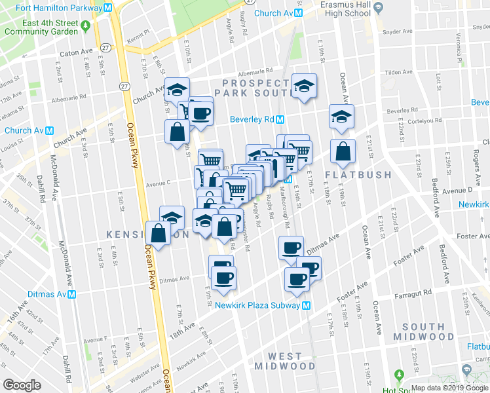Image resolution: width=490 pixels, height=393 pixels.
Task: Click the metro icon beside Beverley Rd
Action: click(280, 119)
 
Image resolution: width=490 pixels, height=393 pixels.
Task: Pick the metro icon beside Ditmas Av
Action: click(72, 294)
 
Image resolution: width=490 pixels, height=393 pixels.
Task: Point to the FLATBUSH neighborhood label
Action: click(358, 175)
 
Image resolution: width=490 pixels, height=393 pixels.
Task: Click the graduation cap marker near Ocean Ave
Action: click(341, 117)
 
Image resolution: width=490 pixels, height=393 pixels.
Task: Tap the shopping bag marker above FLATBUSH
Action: click(343, 152)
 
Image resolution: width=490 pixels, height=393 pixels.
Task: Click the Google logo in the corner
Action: click(22, 385)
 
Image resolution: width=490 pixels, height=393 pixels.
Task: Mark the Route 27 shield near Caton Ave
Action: click(105, 47)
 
